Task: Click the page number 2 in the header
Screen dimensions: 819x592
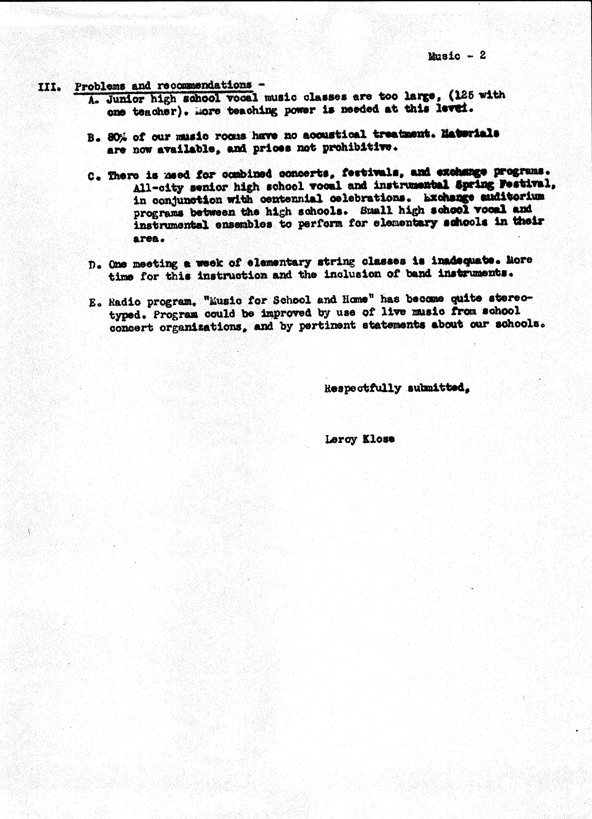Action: coord(482,56)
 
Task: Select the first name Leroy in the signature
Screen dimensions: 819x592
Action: coord(341,439)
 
